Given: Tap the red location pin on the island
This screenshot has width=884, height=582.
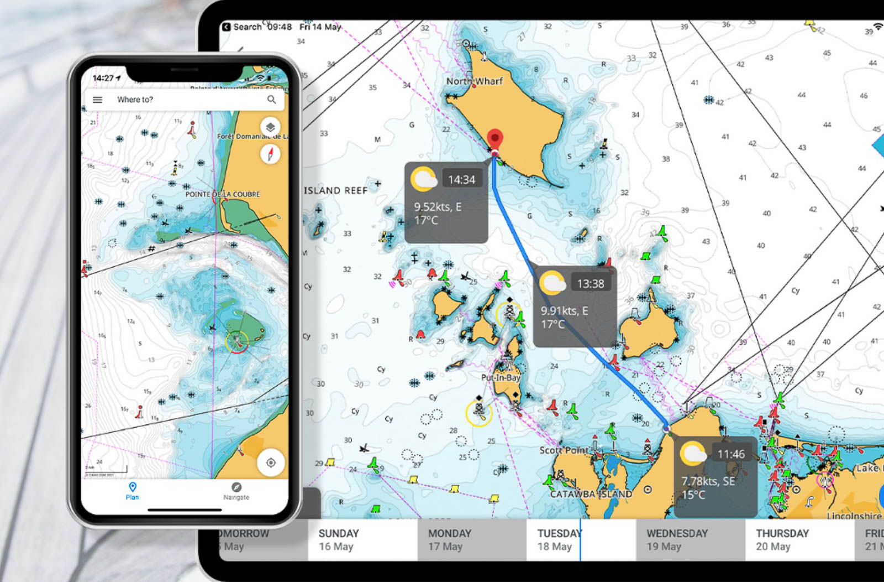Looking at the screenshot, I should (x=495, y=139).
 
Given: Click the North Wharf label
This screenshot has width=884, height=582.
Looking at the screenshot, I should (x=474, y=81).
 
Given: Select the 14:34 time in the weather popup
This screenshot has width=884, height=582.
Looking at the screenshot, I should (x=461, y=180).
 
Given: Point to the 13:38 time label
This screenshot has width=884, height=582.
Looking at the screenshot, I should (x=590, y=284).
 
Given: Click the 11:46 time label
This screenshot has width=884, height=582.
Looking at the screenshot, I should (x=730, y=454).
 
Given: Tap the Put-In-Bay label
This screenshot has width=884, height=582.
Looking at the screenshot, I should (x=500, y=378).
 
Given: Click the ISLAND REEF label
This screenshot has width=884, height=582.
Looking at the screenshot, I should (x=335, y=190).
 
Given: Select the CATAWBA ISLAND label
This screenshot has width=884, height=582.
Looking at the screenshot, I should (x=591, y=494).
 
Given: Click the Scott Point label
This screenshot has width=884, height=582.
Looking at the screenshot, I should (x=564, y=450).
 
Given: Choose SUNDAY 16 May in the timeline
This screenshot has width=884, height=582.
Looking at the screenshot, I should (x=338, y=539).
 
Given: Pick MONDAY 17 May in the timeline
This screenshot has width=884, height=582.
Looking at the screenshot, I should (x=449, y=539).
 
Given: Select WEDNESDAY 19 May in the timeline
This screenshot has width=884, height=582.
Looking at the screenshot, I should (x=677, y=539).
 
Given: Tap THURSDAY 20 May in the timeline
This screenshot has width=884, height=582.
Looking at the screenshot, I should (x=782, y=539).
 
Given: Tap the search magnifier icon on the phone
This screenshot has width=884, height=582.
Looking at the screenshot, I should (x=271, y=100).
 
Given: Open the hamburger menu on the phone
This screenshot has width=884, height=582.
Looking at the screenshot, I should (x=97, y=100).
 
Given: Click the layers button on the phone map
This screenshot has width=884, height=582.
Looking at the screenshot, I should (x=270, y=127).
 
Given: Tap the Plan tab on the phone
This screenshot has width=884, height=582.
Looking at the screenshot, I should (x=132, y=491).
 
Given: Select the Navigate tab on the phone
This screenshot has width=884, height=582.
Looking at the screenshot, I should (x=236, y=491).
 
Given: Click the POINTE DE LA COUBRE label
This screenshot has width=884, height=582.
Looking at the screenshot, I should (x=222, y=194).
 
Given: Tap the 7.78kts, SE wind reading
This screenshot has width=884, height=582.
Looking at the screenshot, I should (x=708, y=481).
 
